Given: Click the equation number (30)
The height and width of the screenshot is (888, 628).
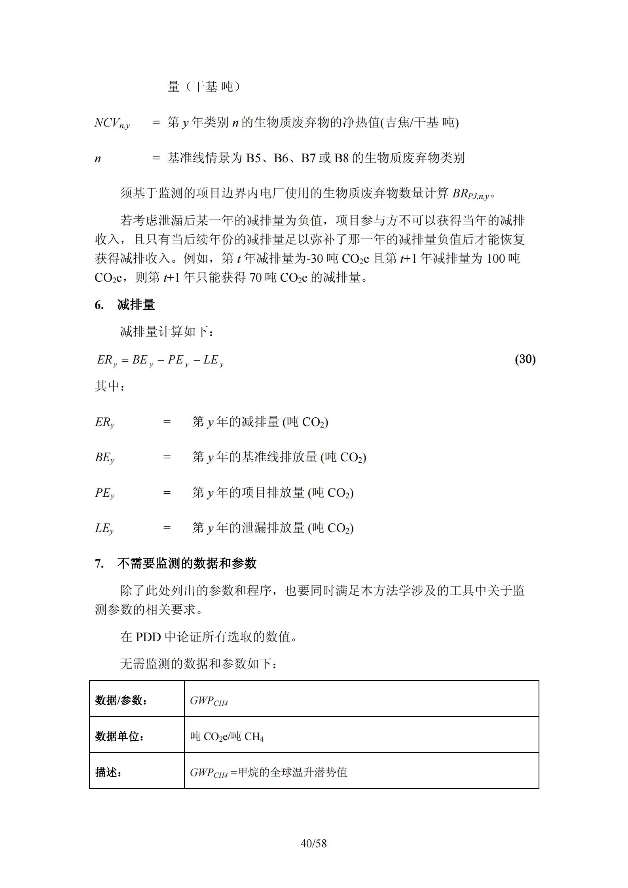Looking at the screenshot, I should tap(525, 359).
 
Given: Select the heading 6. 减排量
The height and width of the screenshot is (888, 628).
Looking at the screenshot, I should tap(125, 305).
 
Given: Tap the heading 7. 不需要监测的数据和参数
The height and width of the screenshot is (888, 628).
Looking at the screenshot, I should tap(176, 563).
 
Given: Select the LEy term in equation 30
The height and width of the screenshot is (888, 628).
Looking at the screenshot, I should tap(213, 360).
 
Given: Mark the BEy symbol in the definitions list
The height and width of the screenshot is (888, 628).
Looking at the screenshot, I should tap(104, 458).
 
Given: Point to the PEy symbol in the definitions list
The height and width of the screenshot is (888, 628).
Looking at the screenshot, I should tap(104, 493).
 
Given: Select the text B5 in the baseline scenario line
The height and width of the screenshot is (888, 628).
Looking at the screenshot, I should tap(254, 158).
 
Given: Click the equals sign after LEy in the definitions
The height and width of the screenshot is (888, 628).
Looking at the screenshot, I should tap(167, 528).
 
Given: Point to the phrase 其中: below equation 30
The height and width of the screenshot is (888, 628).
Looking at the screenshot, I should tap(110, 386).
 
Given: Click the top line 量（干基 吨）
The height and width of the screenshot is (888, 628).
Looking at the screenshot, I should tap(204, 87).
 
